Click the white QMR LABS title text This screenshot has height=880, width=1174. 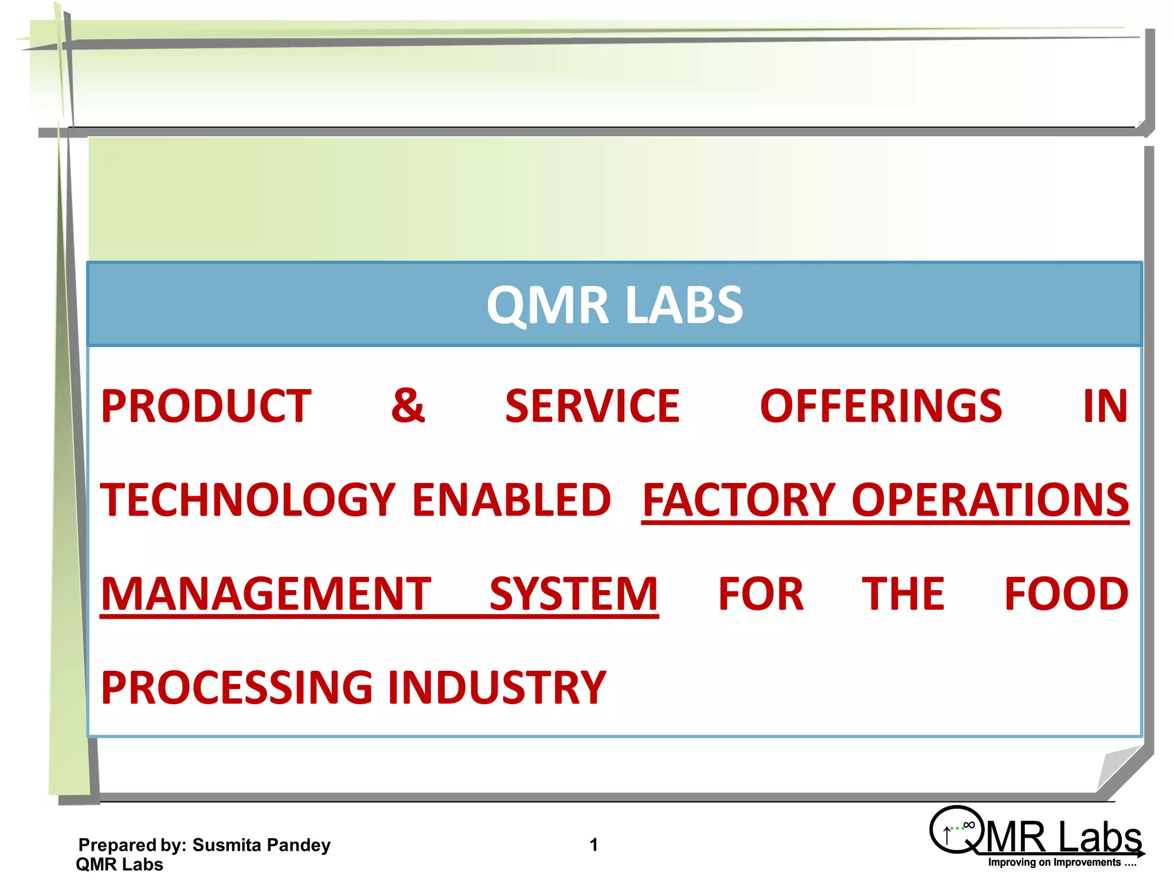(615, 305)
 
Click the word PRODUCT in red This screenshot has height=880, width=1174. (206, 406)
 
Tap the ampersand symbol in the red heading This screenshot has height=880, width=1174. (408, 406)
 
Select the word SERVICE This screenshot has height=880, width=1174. (592, 406)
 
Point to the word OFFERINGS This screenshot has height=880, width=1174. (880, 406)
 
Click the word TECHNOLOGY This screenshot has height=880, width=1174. (248, 500)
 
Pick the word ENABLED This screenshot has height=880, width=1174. (512, 500)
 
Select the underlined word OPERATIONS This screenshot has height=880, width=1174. (990, 500)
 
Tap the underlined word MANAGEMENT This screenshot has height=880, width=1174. (266, 594)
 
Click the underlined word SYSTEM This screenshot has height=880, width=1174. (574, 594)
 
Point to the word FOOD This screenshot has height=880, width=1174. (1066, 594)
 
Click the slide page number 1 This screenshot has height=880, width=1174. (594, 844)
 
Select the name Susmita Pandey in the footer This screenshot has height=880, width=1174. (261, 845)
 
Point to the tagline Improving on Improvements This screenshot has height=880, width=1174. (1062, 863)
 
